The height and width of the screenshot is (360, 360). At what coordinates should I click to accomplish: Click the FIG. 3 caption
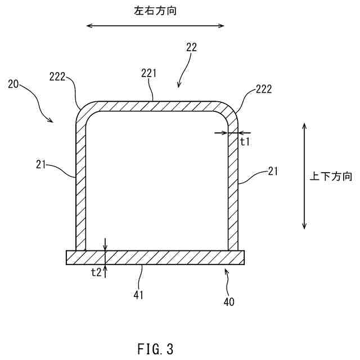(155, 349)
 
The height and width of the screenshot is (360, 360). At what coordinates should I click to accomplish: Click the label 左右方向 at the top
(156, 11)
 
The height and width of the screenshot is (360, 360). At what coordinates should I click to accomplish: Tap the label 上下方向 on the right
(331, 177)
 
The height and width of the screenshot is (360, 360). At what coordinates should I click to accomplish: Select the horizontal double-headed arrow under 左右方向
(155, 25)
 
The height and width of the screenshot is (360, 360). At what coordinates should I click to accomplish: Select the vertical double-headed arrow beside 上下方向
(304, 177)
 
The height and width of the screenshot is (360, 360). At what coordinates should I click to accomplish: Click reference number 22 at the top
(191, 48)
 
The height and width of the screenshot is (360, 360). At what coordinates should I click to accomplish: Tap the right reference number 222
(264, 88)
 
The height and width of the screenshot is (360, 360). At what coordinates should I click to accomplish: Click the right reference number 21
(273, 170)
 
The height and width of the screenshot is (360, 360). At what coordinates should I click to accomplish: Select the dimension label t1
(245, 142)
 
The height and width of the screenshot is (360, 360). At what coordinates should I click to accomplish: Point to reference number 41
(138, 294)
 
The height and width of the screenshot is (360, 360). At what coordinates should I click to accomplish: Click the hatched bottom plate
(155, 258)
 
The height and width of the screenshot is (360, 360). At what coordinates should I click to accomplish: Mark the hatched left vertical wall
(81, 186)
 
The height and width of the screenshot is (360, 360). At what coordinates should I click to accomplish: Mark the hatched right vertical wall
(233, 186)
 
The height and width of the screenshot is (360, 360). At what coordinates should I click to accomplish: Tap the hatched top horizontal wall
(155, 106)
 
